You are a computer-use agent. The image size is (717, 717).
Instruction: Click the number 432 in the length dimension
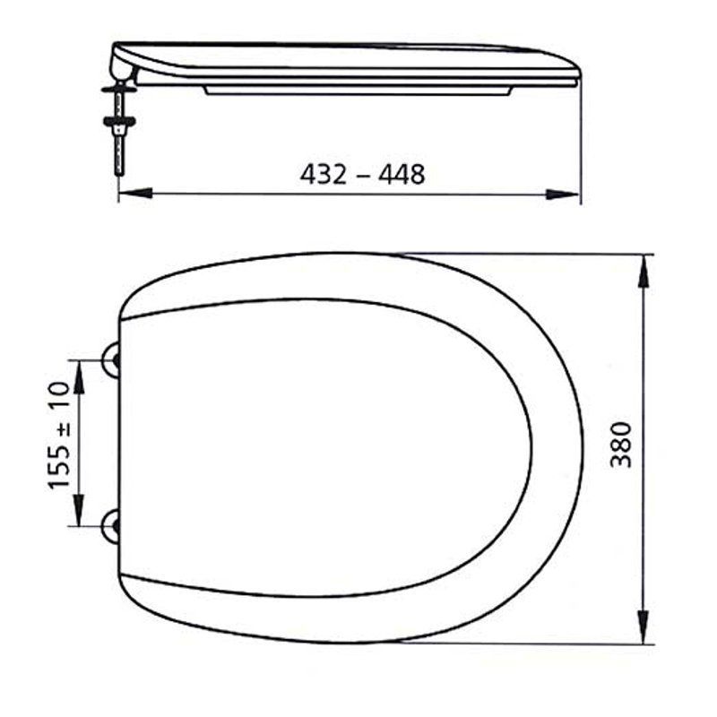(324, 174)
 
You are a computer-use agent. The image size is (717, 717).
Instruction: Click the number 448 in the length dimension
(402, 174)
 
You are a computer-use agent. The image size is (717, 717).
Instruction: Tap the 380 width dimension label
(621, 445)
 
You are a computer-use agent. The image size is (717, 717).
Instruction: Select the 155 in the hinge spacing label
(59, 467)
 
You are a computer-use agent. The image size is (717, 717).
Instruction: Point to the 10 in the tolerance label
(59, 395)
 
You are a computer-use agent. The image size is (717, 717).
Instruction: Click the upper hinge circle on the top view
(110, 360)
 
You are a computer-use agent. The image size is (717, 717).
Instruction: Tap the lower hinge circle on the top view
(110, 527)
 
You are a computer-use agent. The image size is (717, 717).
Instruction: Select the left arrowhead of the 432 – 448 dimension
(135, 193)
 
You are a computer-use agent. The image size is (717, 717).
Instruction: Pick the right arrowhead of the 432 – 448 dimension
(563, 194)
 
